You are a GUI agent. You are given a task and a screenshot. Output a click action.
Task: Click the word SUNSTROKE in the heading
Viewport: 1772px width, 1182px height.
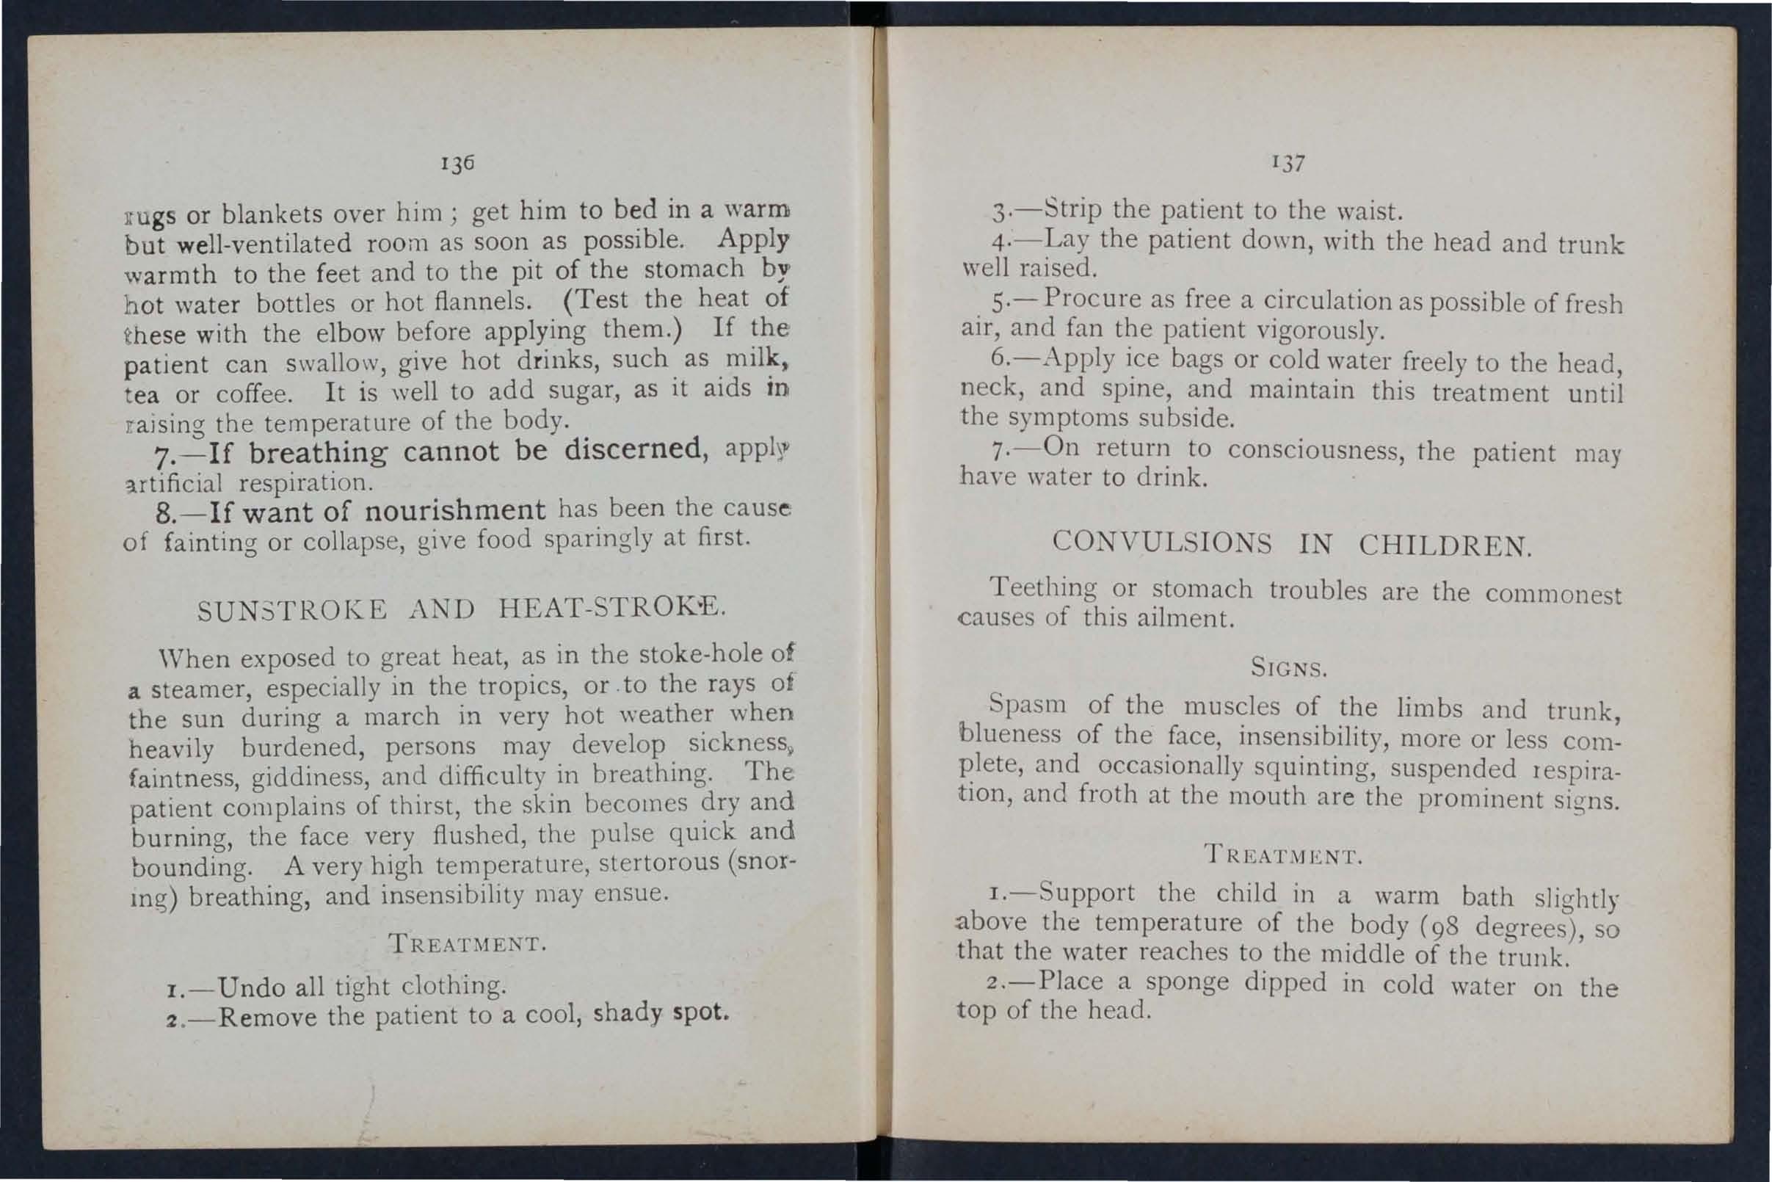292,609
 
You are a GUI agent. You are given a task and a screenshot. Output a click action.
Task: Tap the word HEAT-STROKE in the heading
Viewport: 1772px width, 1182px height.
610,606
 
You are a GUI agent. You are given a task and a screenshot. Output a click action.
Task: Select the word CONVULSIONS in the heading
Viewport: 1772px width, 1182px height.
1161,543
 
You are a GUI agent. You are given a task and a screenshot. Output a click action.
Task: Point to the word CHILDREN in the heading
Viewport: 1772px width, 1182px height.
1445,545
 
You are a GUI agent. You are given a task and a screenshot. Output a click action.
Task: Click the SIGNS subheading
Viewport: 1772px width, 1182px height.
1288,668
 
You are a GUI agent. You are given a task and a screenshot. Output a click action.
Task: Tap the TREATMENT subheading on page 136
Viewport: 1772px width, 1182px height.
467,944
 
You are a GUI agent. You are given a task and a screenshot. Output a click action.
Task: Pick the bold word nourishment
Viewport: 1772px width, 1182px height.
455,510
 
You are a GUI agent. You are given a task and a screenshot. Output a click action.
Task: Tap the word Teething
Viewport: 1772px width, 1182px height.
1043,587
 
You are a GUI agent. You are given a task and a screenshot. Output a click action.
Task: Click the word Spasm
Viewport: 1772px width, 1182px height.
1028,704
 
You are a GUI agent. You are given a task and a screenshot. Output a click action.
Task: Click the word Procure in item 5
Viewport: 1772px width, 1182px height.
1092,300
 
